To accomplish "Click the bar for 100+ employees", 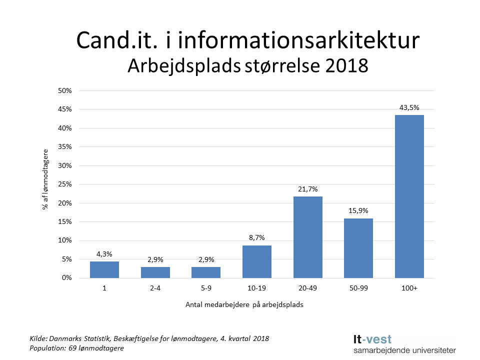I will tap(409, 196).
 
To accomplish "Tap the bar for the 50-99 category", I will tap(358, 248).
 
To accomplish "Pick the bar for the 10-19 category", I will tap(256, 261).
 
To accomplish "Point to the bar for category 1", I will tap(104, 269).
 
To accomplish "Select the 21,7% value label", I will tap(307, 189).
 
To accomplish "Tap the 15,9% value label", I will tap(358, 211).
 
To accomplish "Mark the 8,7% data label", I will tap(256, 238).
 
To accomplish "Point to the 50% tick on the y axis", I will tap(65, 91).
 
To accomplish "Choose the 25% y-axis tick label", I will tap(65, 184).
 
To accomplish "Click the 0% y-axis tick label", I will tap(67, 278).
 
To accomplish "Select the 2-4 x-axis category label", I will tap(155, 288).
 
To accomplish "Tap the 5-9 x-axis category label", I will tap(205, 288).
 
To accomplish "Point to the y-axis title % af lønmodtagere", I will tap(45, 179).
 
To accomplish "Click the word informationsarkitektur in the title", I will tap(298, 41).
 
